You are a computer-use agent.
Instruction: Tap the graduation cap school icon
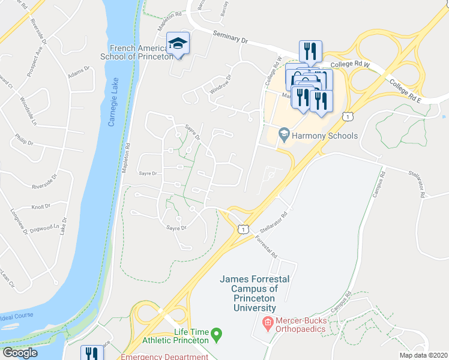[178, 43]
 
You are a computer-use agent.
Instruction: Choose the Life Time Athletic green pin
[218, 332]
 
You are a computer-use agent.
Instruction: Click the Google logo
[20, 353]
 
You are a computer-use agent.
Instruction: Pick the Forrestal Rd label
[266, 247]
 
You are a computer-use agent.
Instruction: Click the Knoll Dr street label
[41, 206]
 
